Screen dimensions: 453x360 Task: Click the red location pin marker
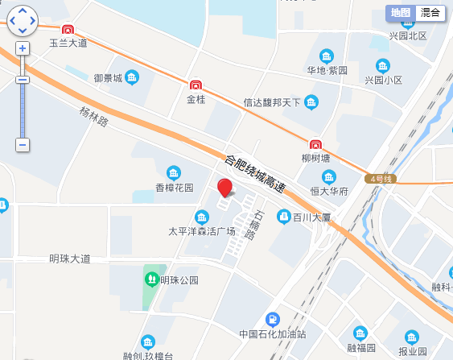click(x=225, y=188)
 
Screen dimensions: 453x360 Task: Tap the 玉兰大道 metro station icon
click(x=68, y=30)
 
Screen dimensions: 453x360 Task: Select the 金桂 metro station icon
click(x=196, y=85)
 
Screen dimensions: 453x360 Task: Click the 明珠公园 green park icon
click(x=150, y=279)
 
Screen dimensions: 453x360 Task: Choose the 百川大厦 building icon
click(x=283, y=217)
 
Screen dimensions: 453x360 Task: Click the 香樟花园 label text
click(x=175, y=188)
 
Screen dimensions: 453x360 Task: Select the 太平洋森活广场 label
click(x=201, y=232)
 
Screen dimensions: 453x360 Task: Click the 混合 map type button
click(x=430, y=12)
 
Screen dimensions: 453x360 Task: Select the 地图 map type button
click(x=400, y=12)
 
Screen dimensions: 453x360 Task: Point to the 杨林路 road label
click(x=93, y=118)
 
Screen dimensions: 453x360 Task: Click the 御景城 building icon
click(x=133, y=78)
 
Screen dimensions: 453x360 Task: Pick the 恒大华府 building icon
click(x=329, y=176)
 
